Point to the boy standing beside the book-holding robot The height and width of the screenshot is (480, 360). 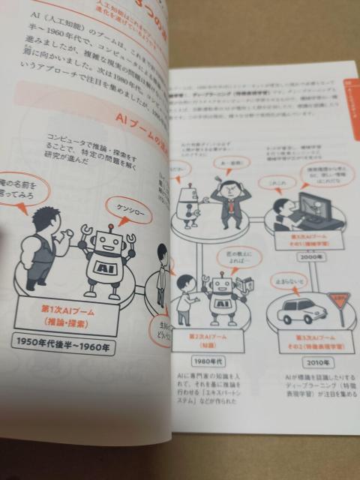(x=186, y=300)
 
